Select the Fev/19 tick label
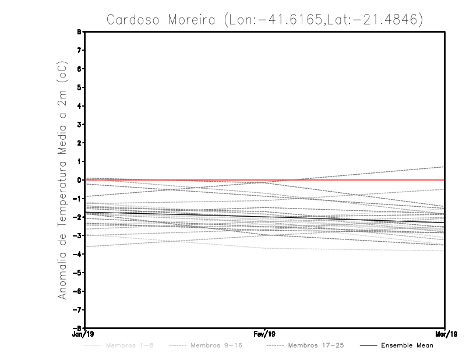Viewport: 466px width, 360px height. (264, 334)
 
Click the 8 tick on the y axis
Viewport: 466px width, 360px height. (79, 32)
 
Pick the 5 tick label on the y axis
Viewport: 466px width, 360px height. (79, 87)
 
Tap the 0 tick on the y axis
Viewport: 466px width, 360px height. (79, 180)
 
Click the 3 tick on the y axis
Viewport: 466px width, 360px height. (79, 125)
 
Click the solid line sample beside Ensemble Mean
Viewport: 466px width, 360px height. (368, 345)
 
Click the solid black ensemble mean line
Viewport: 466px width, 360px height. (175, 212)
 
